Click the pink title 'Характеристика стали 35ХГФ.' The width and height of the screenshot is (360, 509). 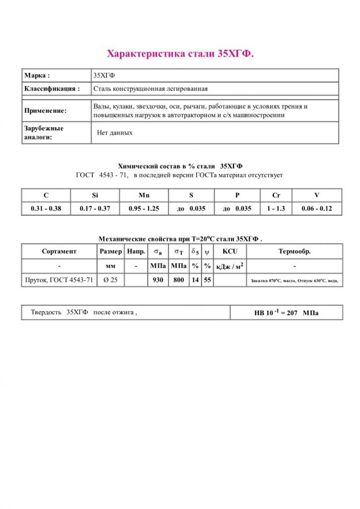(x=180, y=54)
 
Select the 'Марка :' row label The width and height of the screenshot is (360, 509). (x=37, y=76)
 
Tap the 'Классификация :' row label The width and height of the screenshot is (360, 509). (x=52, y=89)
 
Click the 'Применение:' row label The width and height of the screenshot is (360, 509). (x=45, y=111)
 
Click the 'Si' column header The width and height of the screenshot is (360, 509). (x=95, y=195)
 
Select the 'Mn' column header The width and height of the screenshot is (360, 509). (x=144, y=195)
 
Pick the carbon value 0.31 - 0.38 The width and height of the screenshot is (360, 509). (x=46, y=209)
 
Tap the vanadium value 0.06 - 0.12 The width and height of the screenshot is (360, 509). (x=316, y=209)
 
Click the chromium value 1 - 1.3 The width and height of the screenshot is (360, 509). (x=276, y=209)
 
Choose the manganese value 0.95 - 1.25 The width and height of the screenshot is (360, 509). (x=144, y=209)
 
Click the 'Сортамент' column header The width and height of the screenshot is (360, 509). (x=59, y=252)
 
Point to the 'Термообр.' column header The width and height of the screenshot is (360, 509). (x=294, y=252)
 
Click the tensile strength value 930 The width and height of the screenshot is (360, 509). (x=158, y=280)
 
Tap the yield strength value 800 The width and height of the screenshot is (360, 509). (x=179, y=280)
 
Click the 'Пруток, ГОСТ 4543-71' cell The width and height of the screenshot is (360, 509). (x=59, y=280)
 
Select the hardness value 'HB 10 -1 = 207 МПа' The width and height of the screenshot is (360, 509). (x=286, y=313)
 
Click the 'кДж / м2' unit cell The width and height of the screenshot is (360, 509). (x=230, y=266)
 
